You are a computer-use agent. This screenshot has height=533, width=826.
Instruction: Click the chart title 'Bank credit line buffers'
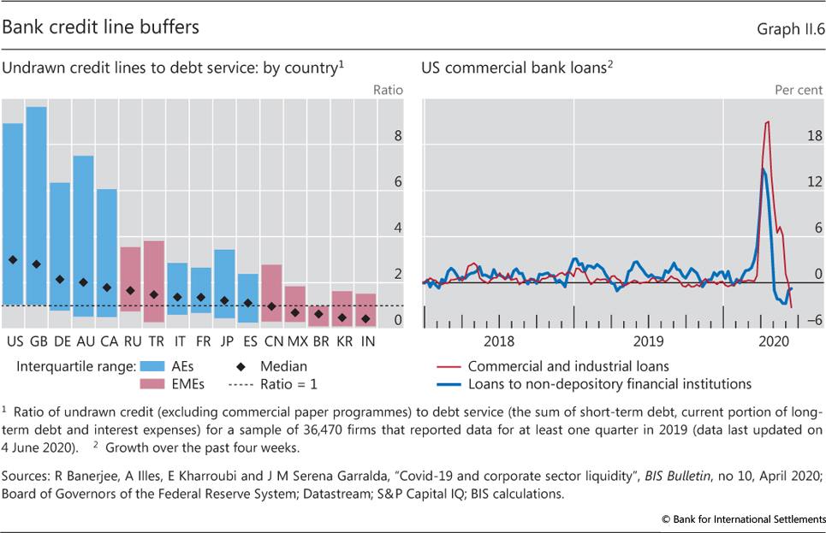tap(100, 27)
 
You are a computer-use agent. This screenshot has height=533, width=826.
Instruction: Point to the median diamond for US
tap(13, 259)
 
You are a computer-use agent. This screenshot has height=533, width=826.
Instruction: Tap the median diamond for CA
tap(107, 287)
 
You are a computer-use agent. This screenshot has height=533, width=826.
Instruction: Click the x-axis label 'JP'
tap(224, 341)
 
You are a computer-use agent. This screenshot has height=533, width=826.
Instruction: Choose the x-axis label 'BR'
tap(318, 341)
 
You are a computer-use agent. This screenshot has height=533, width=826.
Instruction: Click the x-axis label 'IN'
tap(365, 341)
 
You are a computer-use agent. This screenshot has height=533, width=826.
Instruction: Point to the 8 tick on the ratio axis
tap(396, 136)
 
